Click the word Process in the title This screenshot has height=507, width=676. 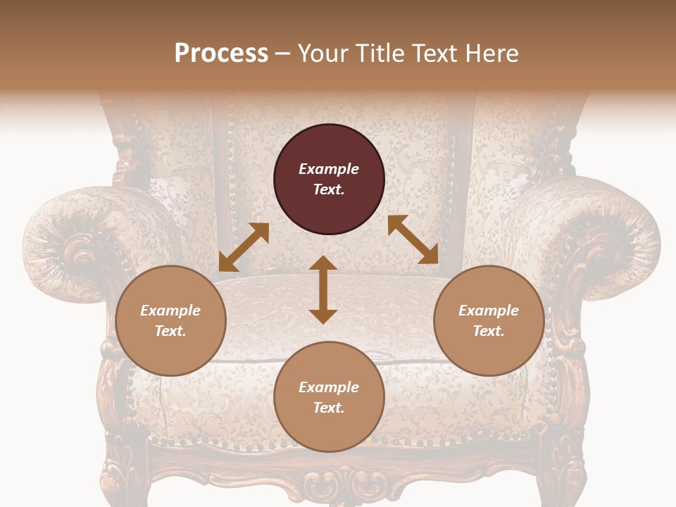click(x=221, y=54)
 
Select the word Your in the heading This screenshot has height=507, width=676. click(x=324, y=54)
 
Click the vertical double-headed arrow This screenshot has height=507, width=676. click(x=323, y=289)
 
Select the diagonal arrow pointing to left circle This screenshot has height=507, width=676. click(x=244, y=247)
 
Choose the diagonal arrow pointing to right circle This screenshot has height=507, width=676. click(x=413, y=239)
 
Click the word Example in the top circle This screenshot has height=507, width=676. click(x=329, y=169)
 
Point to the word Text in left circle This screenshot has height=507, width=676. click(x=170, y=331)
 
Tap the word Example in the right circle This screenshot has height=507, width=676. click(x=489, y=311)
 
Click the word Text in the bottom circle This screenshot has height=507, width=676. click(x=329, y=408)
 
